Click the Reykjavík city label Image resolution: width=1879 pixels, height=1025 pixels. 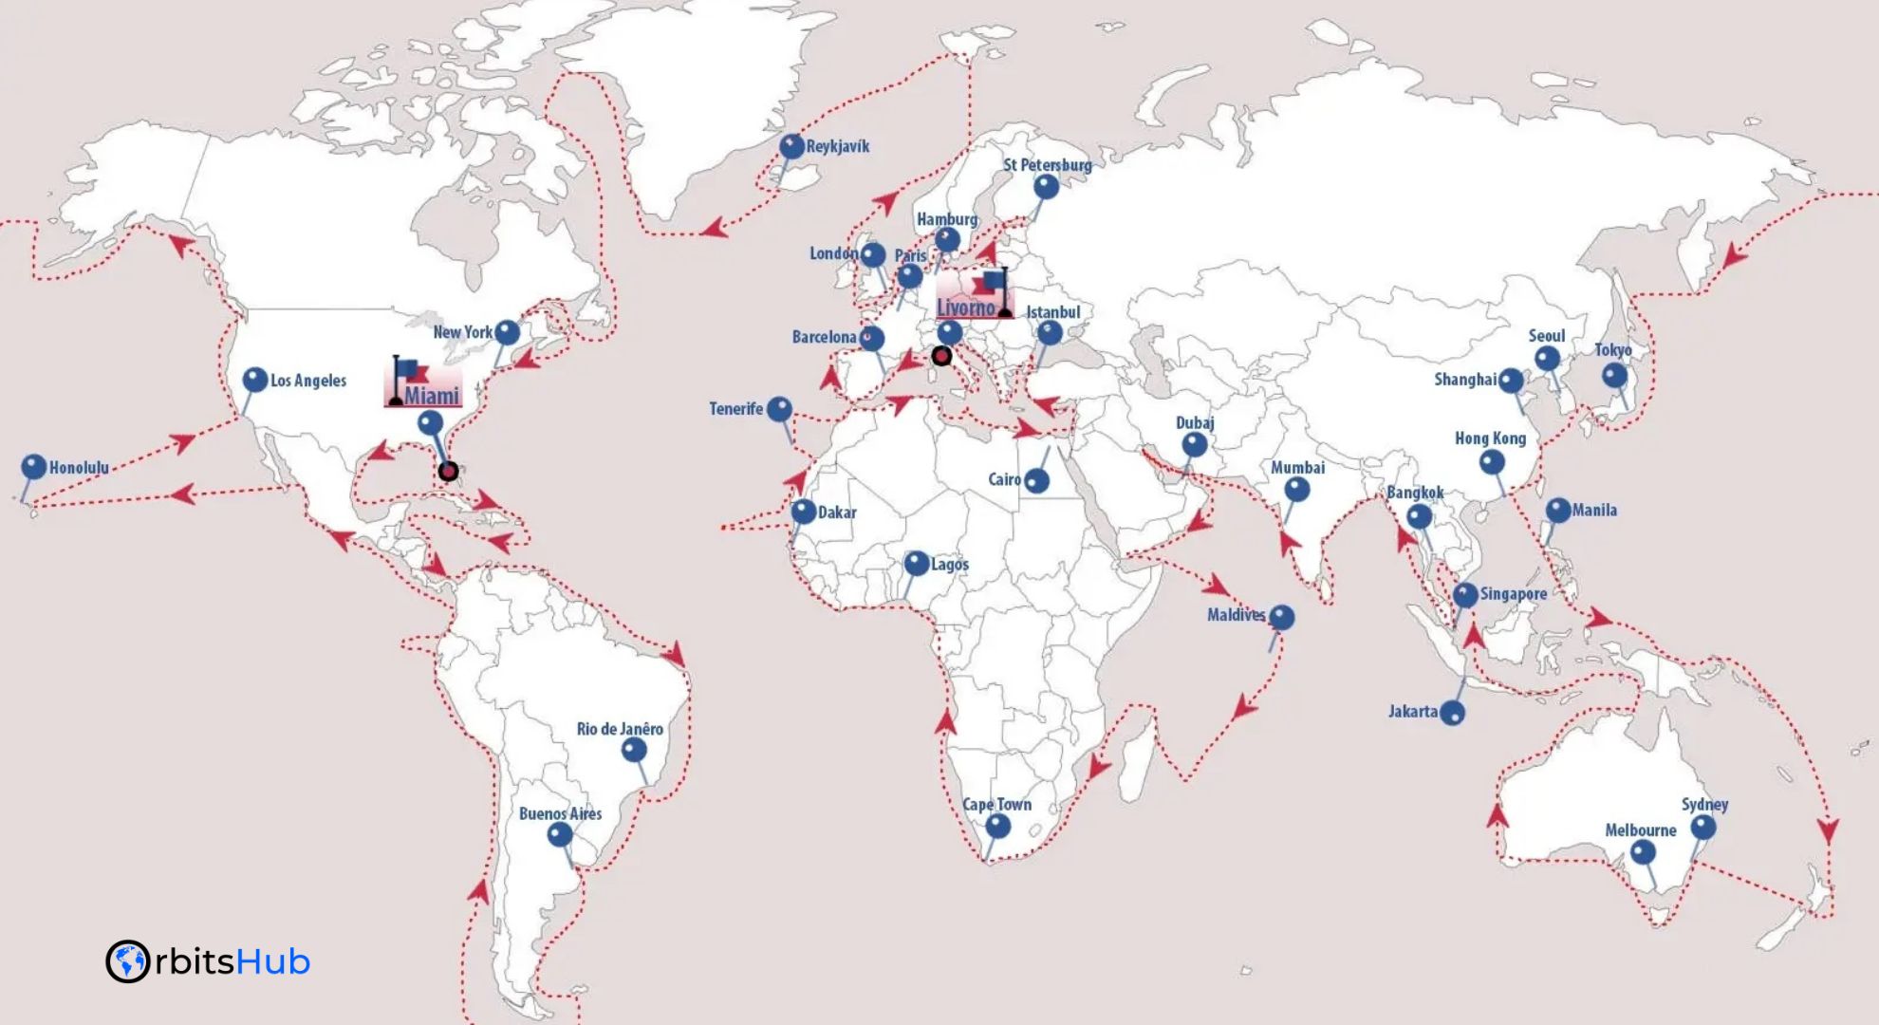point(837,146)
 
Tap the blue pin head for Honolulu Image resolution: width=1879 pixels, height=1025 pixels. point(34,466)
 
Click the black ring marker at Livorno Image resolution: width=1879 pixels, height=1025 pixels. point(941,356)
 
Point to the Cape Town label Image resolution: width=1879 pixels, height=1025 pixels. point(996,804)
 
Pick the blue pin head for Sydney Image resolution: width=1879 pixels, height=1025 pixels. point(1703,827)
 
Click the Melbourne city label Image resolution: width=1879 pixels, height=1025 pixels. point(1640,829)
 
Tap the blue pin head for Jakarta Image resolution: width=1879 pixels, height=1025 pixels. point(1452,713)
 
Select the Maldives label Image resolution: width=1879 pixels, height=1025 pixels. point(1236,615)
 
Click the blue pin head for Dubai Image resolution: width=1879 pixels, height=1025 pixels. point(1195,443)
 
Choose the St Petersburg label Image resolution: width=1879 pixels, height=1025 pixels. point(1047,165)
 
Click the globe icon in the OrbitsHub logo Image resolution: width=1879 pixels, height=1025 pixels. point(127,961)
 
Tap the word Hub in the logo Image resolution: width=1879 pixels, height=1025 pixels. point(272,961)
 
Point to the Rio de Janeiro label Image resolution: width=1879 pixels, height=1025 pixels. point(620,729)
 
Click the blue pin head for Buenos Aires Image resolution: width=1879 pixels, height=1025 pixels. point(560,834)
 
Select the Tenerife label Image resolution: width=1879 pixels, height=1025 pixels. point(735,409)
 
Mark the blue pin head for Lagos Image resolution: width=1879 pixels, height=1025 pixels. point(916,563)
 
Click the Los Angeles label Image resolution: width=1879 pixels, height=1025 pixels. point(308,381)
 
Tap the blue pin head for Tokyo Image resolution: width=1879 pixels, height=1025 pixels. point(1614,375)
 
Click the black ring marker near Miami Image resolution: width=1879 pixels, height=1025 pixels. point(449,471)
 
